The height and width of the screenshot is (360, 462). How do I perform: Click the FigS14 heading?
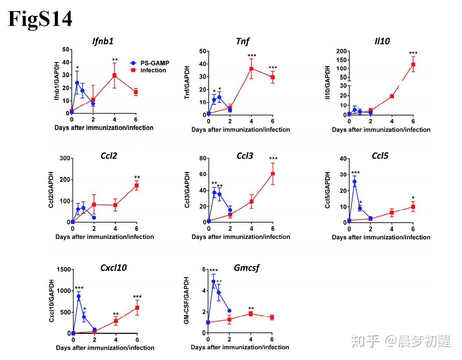pos(40,19)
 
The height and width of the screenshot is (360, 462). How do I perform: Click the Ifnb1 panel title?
pos(103,41)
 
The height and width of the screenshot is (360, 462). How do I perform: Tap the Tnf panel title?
pos(242,41)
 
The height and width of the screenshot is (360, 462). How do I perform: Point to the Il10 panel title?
pos(382,41)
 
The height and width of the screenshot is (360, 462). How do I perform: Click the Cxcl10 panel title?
pos(113,267)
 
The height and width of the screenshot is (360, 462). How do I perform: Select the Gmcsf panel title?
pos(247,267)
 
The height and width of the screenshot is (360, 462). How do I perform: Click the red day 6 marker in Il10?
pos(413,64)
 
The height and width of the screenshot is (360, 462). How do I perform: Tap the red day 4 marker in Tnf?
pos(251,69)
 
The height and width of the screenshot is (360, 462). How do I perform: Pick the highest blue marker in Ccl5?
pos(355,181)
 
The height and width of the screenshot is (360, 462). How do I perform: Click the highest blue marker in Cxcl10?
pos(78,296)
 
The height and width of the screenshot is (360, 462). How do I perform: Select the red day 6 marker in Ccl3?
pos(273,174)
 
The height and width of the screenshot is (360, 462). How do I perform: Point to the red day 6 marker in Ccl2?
pos(137,186)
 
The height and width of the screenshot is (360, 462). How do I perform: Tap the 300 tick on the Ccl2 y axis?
pos(65,159)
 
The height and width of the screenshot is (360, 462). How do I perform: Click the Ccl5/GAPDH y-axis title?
pos(328,190)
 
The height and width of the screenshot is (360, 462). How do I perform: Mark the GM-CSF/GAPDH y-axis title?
pos(187,301)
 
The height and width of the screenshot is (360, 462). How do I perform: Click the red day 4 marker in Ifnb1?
pos(115,76)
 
